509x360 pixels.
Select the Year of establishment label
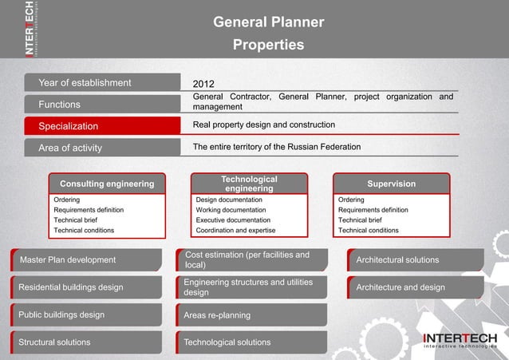click(x=85, y=82)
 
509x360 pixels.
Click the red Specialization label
click(x=69, y=126)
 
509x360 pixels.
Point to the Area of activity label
click(x=70, y=148)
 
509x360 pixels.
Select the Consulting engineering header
click(x=107, y=184)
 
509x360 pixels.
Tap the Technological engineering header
click(x=249, y=184)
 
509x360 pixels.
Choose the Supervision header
click(x=391, y=184)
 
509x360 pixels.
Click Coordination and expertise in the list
click(x=235, y=230)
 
